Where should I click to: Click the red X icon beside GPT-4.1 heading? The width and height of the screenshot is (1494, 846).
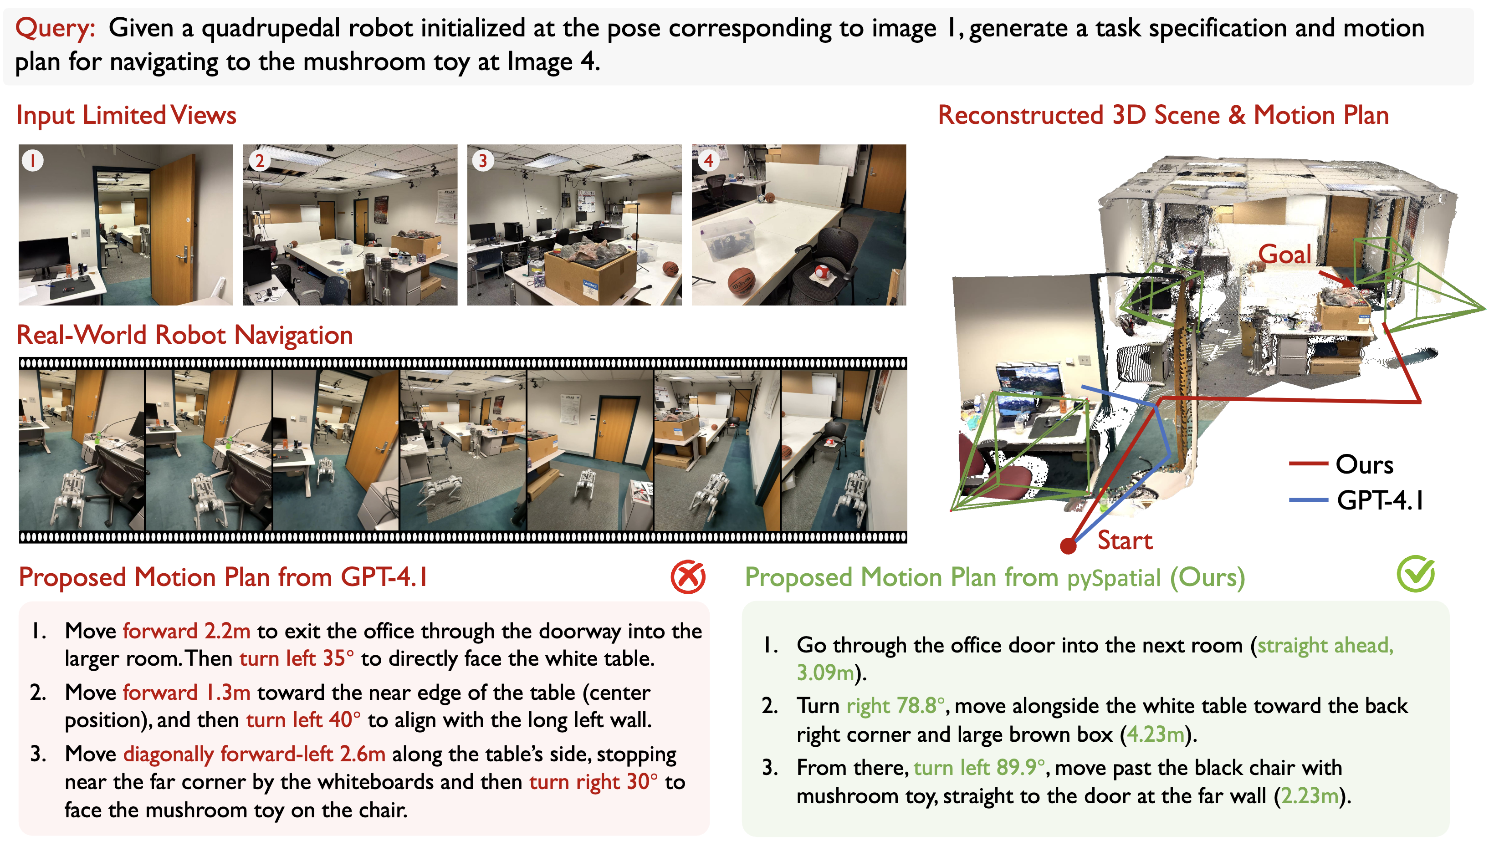688,577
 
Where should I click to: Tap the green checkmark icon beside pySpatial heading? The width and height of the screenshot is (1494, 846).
1416,574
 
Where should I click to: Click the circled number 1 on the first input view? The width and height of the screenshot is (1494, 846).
32,160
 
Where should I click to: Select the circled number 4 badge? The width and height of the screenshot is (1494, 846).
707,160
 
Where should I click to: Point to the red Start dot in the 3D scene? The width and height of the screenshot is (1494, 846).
1068,545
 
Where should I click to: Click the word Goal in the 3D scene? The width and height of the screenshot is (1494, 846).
1285,254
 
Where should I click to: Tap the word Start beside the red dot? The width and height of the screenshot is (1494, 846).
1125,541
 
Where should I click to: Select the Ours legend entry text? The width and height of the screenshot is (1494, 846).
1365,464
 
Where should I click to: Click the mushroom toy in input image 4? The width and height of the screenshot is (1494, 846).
822,271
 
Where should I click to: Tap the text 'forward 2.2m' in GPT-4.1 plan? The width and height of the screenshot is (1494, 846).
187,631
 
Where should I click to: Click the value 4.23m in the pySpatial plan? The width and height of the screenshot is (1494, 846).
1155,734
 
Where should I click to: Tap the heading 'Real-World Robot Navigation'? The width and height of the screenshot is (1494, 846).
185,335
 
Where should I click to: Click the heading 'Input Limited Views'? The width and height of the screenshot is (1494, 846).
127,115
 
